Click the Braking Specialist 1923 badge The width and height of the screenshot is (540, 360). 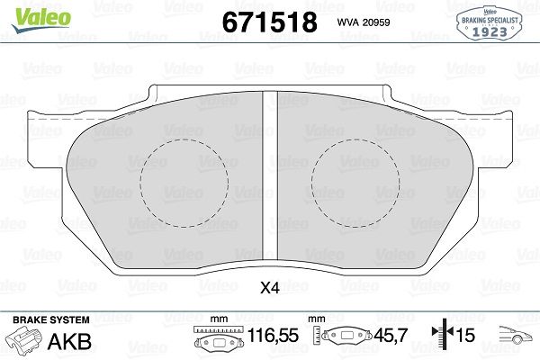click(490, 21)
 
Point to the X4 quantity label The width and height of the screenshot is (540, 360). click(269, 289)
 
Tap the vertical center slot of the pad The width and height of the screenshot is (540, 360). click(268, 180)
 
